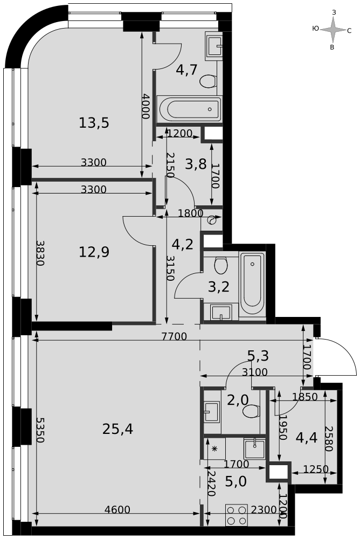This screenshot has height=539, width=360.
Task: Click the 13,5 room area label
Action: click(94, 123)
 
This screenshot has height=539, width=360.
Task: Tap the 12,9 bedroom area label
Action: click(94, 252)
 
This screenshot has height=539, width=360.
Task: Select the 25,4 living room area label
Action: click(117, 429)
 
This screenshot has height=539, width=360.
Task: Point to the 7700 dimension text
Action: click(174, 336)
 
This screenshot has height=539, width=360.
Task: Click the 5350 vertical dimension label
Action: click(40, 430)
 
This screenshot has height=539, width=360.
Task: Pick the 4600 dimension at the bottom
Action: click(117, 509)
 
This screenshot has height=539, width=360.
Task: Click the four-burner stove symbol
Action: click(237, 515)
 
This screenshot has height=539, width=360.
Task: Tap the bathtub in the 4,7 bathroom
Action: click(190, 109)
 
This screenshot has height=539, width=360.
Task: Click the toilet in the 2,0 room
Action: click(251, 411)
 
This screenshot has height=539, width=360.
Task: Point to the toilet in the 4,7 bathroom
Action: click(208, 81)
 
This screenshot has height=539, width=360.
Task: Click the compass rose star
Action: click(333, 30)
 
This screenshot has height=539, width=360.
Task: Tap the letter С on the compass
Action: click(349, 31)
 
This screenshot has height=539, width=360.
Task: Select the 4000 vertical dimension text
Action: click(146, 106)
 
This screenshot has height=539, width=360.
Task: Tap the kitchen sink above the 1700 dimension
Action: click(254, 448)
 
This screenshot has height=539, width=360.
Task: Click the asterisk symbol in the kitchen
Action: click(214, 448)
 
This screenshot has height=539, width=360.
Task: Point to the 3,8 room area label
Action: click(196, 164)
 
